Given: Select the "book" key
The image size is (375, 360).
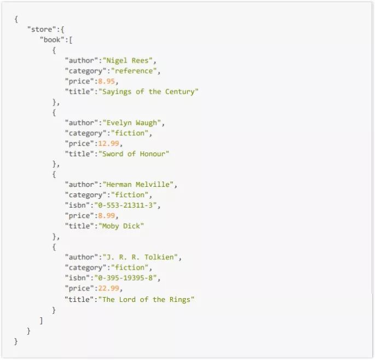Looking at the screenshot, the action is tap(52, 39).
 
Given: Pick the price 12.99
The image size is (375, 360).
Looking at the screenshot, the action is tap(108, 144).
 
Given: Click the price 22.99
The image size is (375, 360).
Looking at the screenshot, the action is tap(108, 288).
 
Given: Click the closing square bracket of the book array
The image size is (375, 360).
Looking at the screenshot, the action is tap(41, 320).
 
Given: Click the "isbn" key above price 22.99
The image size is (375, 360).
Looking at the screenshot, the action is tap(77, 278).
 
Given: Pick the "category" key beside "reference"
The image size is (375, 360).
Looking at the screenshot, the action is tap(83, 71).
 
